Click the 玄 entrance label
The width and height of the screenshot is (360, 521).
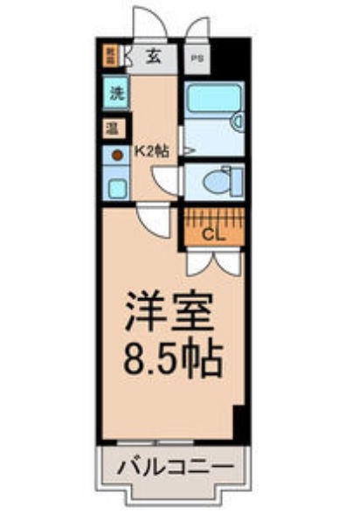tap(153, 59)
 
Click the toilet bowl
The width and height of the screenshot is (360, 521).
tap(215, 181)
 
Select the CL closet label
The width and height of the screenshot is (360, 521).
tap(212, 233)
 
